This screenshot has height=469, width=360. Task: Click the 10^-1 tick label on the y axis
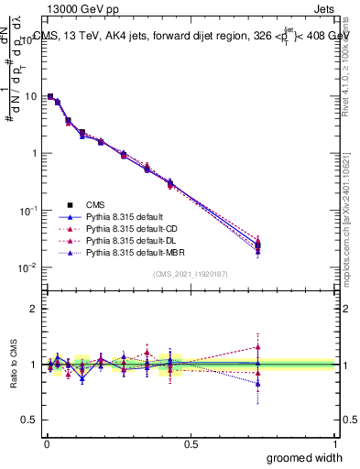(27, 210)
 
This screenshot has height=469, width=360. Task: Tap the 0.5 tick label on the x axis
(191, 443)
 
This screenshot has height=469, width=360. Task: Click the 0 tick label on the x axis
(46, 443)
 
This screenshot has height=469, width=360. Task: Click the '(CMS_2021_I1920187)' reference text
(191, 274)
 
